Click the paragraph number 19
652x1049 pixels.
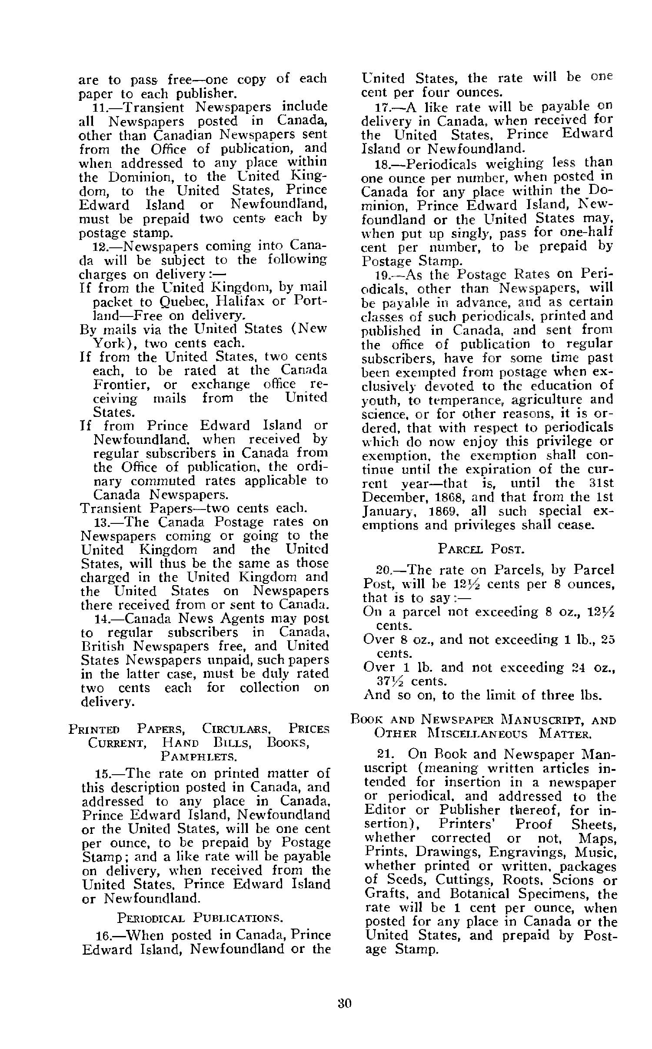click(x=383, y=275)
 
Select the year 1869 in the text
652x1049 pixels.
click(x=448, y=511)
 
